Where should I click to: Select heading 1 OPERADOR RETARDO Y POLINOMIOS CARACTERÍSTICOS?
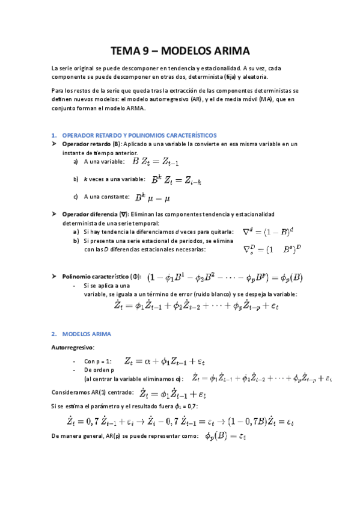click(x=139, y=135)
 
